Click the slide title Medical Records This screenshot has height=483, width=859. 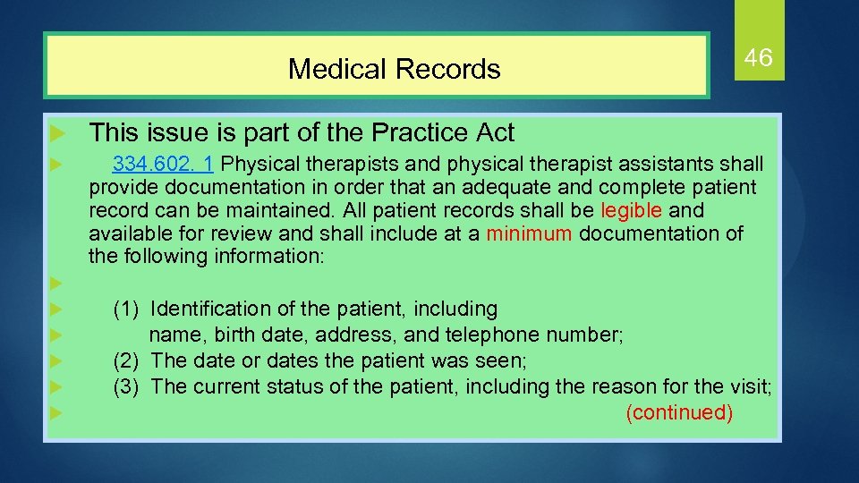click(x=394, y=69)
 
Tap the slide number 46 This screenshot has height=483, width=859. click(x=758, y=59)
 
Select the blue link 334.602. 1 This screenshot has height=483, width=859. click(x=162, y=164)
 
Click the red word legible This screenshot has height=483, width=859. click(x=632, y=210)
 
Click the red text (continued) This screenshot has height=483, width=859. click(x=679, y=412)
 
